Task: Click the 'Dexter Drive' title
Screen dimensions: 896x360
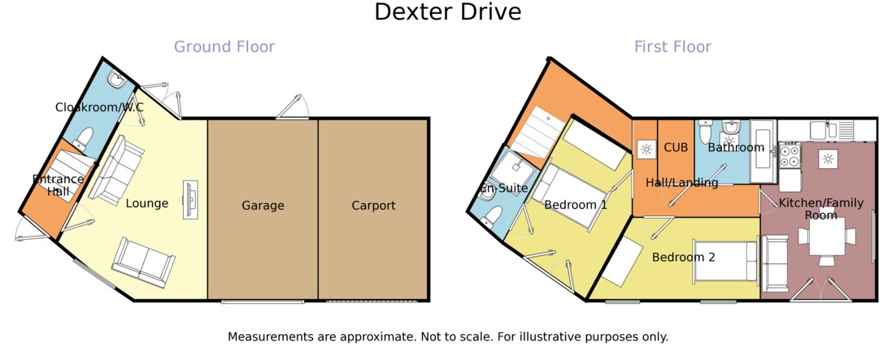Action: (447, 13)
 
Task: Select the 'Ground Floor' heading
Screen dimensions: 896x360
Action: (224, 47)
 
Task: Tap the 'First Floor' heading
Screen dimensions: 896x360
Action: (672, 47)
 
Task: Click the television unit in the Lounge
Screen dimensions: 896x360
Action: (191, 198)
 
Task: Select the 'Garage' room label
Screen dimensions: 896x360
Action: (263, 206)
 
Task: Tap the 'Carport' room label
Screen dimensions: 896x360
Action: (373, 206)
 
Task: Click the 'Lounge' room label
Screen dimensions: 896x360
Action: (147, 203)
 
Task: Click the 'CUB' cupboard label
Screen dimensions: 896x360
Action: (676, 148)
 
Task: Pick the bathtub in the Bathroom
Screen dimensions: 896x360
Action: (763, 151)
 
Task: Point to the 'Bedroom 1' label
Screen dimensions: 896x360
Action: (576, 205)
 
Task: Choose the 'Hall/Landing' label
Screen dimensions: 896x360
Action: (681, 183)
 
